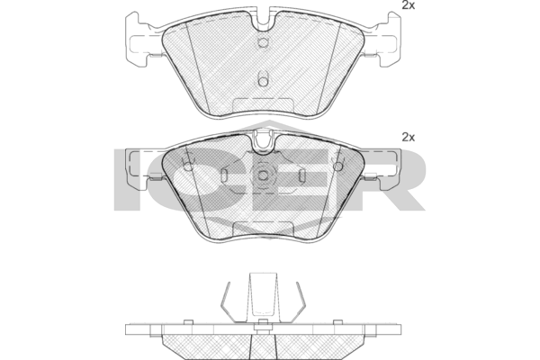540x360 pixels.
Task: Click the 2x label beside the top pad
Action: pos(408,5)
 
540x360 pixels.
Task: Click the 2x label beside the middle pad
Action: pos(408,137)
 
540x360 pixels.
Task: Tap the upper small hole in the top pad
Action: pos(263,42)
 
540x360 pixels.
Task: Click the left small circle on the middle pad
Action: pos(188,164)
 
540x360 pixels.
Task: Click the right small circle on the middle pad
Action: pos(338,164)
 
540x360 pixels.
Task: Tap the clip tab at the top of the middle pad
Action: pos(263,140)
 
